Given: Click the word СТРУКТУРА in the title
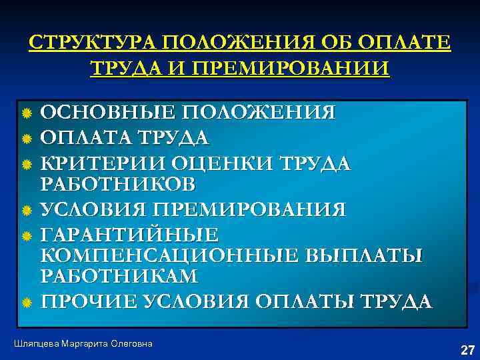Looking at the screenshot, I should tap(89, 44).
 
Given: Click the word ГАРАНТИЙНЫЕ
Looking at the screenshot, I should tap(129, 235).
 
